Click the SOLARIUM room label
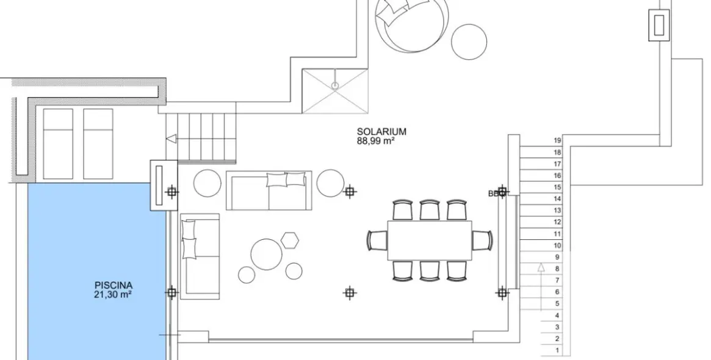pos(381,131)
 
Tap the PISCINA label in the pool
pos(114,284)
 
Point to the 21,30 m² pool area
pos(114,293)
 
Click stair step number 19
pos(557,140)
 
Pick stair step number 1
pos(557,350)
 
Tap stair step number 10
pos(557,245)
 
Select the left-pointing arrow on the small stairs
pos(172,139)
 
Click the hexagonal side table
pos(291,240)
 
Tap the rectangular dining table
pos(430,240)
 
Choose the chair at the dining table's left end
pos(377,240)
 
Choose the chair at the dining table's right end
pos(483,240)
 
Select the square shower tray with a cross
pos(335,90)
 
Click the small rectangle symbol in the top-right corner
pos(659,26)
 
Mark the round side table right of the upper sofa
pos(331,182)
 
